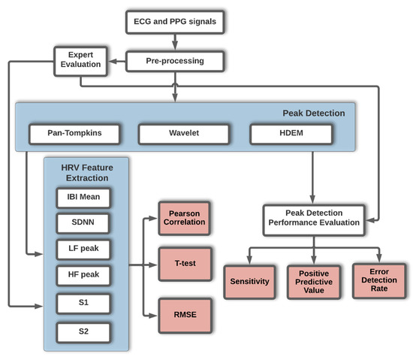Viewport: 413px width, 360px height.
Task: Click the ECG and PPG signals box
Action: pos(173,22)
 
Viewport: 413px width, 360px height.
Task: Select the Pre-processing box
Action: pos(173,61)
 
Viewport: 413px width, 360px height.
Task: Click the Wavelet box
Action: pos(179,135)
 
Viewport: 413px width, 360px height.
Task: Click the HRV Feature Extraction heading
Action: pos(86,171)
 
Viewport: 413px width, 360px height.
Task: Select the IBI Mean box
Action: pos(85,198)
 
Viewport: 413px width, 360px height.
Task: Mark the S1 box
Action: pos(85,304)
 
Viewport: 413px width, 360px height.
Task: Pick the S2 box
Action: pos(85,330)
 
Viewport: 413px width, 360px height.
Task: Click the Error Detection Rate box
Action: pos(378,282)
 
